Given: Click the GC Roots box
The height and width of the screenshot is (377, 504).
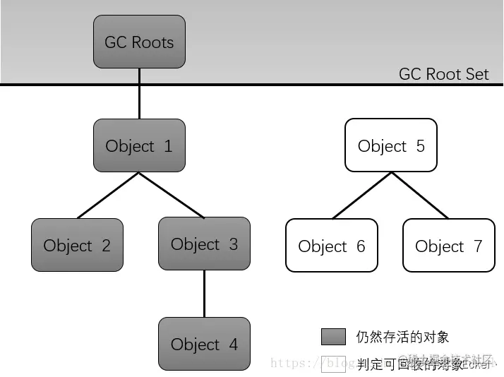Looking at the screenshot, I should (x=139, y=42).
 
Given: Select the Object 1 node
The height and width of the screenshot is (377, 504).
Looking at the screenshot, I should (x=139, y=145).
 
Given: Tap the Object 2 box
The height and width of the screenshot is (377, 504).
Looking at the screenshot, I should (x=77, y=245).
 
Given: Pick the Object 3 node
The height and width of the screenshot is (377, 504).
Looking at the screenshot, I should (x=204, y=244).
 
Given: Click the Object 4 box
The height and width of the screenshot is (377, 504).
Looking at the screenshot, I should (x=204, y=344).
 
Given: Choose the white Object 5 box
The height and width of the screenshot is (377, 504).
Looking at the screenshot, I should (x=390, y=145).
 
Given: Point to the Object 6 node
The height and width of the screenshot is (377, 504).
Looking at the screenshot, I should (x=331, y=245).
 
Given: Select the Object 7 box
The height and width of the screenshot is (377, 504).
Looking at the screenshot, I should (x=448, y=245).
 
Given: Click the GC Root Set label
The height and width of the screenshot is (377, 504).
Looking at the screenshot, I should (x=443, y=74).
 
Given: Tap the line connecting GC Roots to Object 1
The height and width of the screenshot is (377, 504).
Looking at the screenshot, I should (x=139, y=93).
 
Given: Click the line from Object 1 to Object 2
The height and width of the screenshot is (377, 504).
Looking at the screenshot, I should (x=108, y=196).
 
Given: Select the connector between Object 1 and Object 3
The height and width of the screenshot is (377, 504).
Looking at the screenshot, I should (x=172, y=195).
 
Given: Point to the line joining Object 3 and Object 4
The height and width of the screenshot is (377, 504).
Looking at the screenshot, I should (x=204, y=294).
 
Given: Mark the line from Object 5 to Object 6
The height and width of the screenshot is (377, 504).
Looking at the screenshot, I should (x=361, y=196).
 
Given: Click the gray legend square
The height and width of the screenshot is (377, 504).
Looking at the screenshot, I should (x=333, y=337).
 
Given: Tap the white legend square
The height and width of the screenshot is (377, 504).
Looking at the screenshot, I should (x=333, y=364).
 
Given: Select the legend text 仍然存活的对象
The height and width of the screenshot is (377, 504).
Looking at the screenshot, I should (x=402, y=337).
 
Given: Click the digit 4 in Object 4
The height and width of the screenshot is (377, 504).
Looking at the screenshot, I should (x=232, y=345).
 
